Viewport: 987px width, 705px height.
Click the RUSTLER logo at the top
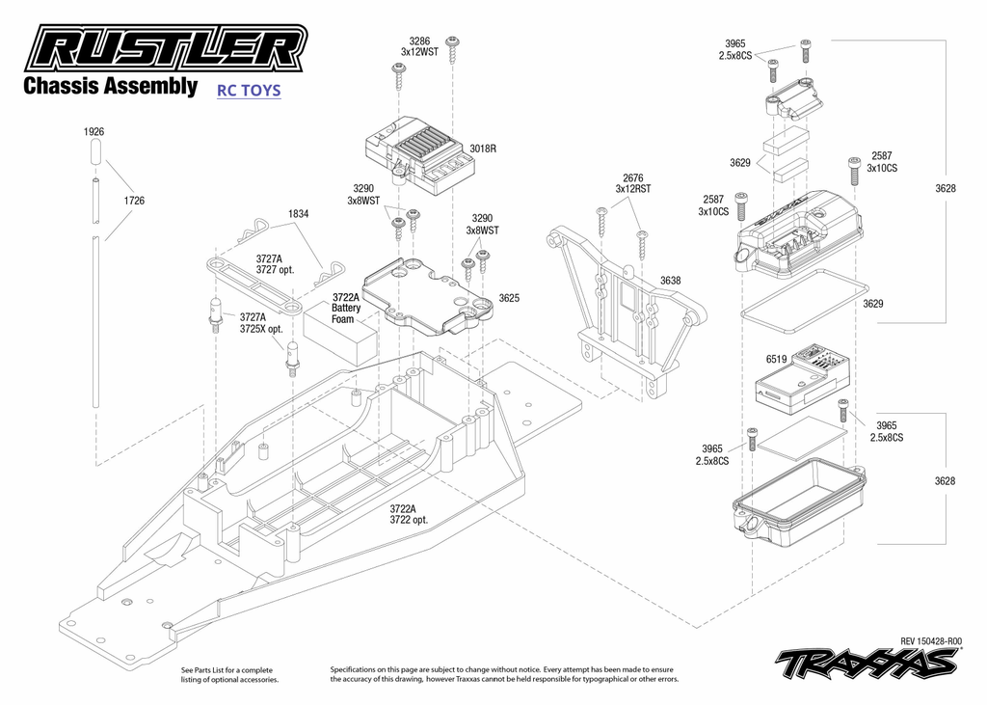coord(164,48)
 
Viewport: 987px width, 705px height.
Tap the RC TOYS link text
coord(249,91)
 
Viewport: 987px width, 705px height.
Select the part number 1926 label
coord(93,131)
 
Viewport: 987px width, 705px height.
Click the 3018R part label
coord(483,149)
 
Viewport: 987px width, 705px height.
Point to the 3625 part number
coord(510,298)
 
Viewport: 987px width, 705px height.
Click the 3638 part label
coord(670,281)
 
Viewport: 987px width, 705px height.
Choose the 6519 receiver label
coord(776,359)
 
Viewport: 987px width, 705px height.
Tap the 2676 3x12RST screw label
coord(632,183)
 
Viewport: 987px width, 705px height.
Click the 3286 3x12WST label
coord(419,46)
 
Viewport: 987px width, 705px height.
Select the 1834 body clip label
coord(298,214)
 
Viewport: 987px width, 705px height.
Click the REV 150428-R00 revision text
coord(930,640)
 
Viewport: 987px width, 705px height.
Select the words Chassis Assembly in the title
coord(110,87)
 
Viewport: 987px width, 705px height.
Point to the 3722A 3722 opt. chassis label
coord(409,514)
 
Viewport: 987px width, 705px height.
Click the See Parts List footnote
coord(228,674)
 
